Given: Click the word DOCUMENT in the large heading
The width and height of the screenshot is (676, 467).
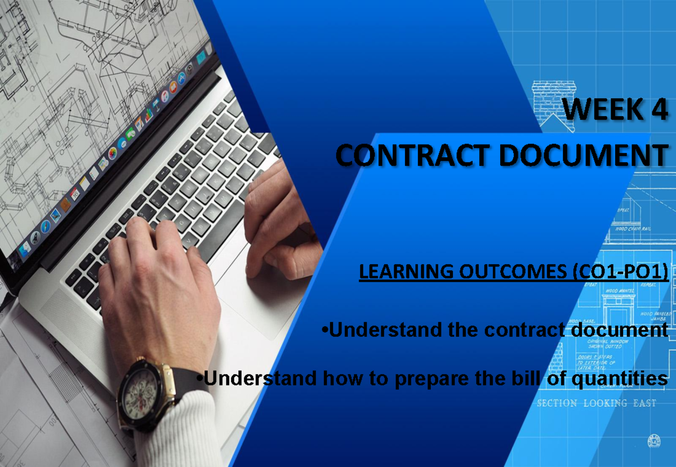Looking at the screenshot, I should coord(584,155).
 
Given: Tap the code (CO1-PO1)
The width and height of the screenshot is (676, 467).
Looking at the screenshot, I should coord(620,272).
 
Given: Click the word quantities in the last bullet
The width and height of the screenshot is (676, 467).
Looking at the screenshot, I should coord(620,379).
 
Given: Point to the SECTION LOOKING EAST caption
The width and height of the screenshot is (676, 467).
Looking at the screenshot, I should coord(596,403).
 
